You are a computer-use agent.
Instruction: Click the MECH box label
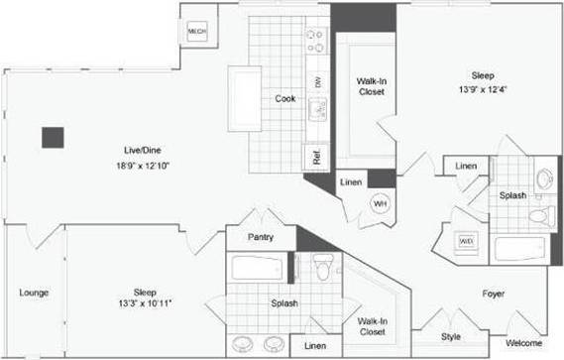pyautogui.click(x=197, y=33)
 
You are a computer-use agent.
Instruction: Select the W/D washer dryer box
pyautogui.click(x=466, y=241)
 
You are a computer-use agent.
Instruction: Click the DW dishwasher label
pyautogui.click(x=318, y=83)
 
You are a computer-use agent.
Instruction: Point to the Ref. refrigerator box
pyautogui.click(x=316, y=157)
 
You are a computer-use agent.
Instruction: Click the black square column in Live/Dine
pyautogui.click(x=53, y=138)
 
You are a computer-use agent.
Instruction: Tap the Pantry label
pyautogui.click(x=261, y=238)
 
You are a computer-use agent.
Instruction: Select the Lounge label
pyautogui.click(x=34, y=293)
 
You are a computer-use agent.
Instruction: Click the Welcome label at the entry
pyautogui.click(x=523, y=343)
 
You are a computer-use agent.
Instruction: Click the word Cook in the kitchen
pyautogui.click(x=285, y=98)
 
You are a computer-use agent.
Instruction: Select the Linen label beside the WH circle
pyautogui.click(x=350, y=182)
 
